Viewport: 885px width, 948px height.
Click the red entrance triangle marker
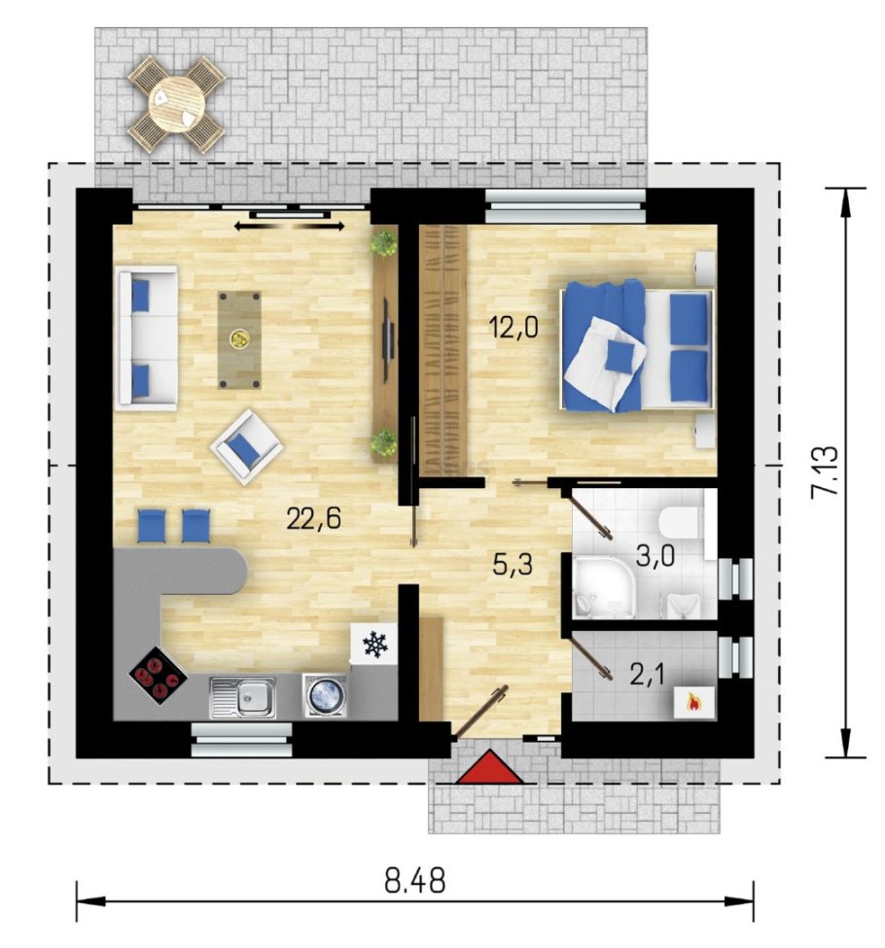pos(489,767)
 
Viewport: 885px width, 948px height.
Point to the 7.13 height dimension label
pos(824,472)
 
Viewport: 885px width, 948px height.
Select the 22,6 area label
pos(314,519)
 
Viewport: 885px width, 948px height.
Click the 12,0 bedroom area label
pos(513,329)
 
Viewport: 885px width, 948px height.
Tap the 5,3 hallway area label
pos(513,565)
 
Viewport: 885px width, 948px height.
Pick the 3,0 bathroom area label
pos(655,555)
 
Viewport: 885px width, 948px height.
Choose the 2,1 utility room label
pos(647,675)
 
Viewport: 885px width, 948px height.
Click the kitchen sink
pos(242,697)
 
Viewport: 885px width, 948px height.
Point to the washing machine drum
pos(327,695)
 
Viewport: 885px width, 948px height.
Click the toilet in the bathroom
pos(680,522)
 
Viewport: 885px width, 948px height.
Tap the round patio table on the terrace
pos(176,103)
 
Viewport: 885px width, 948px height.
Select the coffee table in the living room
pos(239,339)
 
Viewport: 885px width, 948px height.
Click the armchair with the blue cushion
pos(247,447)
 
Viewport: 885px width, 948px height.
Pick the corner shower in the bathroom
pos(602,587)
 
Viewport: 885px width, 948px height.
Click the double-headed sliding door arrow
pos(290,227)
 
